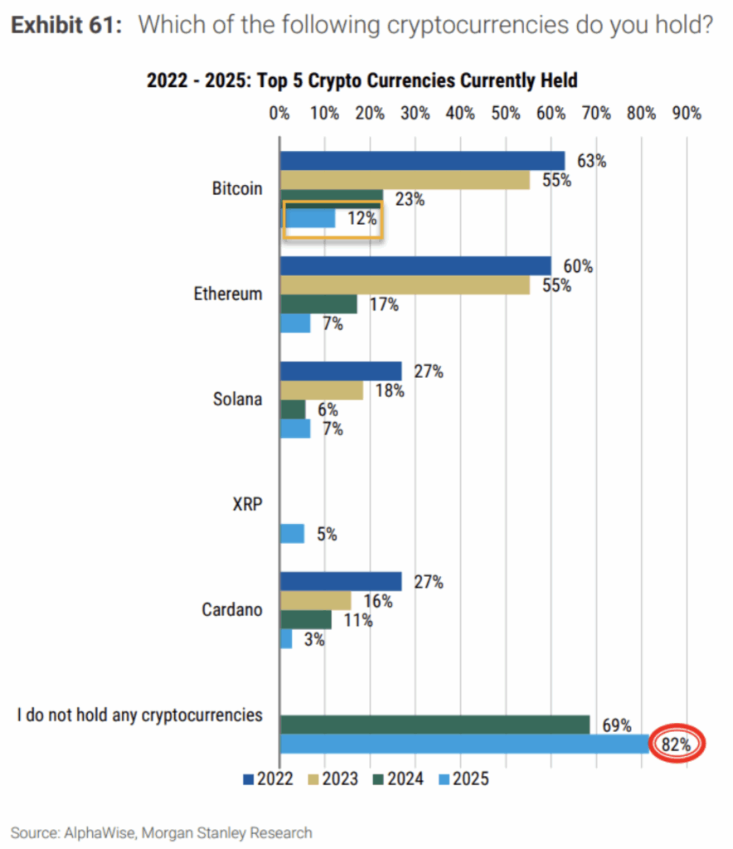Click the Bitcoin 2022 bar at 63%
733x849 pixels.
coord(422,161)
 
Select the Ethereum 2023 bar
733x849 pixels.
coord(405,285)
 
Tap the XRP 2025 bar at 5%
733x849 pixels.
coord(292,534)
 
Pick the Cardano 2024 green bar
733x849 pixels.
coord(305,619)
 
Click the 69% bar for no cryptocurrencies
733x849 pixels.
coord(434,725)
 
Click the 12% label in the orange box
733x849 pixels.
coord(362,219)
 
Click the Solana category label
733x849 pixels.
coord(237,399)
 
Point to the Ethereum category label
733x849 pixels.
coord(228,294)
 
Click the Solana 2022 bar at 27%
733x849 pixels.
coord(341,371)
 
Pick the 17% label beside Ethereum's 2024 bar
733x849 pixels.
coord(384,304)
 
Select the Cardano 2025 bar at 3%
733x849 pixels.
coord(286,639)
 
